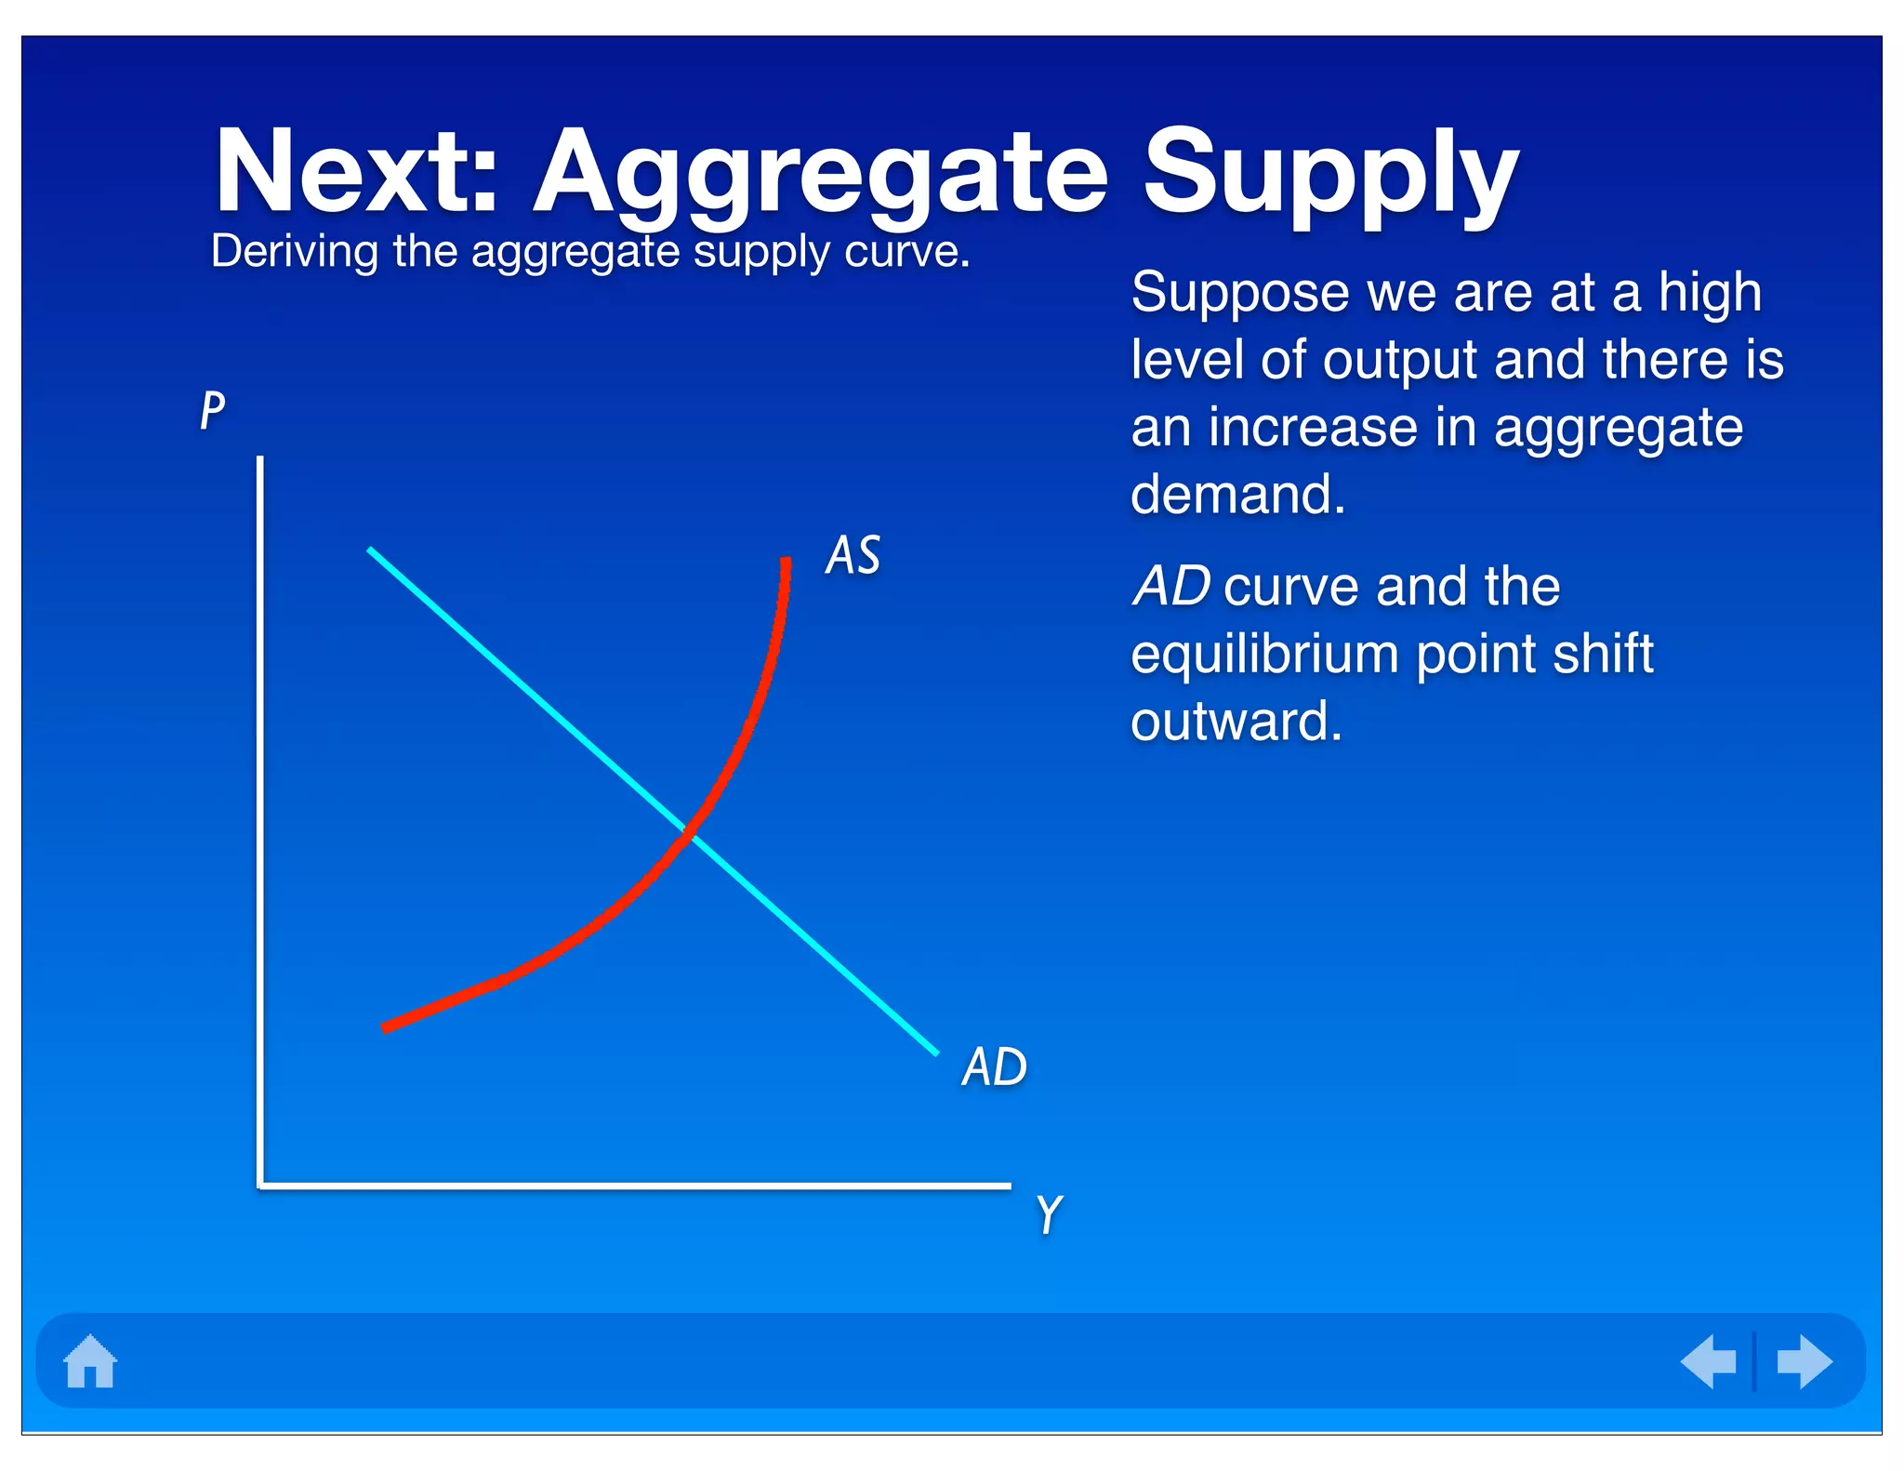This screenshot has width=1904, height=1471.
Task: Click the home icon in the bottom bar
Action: tap(90, 1361)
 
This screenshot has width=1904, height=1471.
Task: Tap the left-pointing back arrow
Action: tap(1709, 1361)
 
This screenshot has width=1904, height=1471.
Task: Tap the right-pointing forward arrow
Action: tap(1804, 1361)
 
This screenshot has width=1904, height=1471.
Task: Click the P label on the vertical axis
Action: tap(213, 410)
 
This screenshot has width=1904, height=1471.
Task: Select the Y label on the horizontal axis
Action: tap(1049, 1214)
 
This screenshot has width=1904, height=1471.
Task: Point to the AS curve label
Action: tap(853, 555)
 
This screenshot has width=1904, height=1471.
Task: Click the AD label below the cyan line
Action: tap(994, 1067)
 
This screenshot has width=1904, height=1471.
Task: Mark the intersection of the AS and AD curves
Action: tap(690, 832)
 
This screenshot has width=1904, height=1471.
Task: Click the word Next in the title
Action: tap(356, 173)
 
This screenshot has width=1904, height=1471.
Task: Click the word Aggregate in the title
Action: tap(821, 177)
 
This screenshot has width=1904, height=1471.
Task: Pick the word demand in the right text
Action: tap(1237, 494)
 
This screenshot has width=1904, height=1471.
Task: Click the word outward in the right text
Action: tap(1236, 722)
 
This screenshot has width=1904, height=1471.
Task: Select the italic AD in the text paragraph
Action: tap(1170, 587)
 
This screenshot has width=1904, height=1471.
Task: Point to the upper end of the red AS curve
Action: tap(787, 562)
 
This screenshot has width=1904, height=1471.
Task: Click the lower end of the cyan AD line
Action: tap(934, 1052)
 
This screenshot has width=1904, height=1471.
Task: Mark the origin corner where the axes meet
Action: tap(261, 1186)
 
